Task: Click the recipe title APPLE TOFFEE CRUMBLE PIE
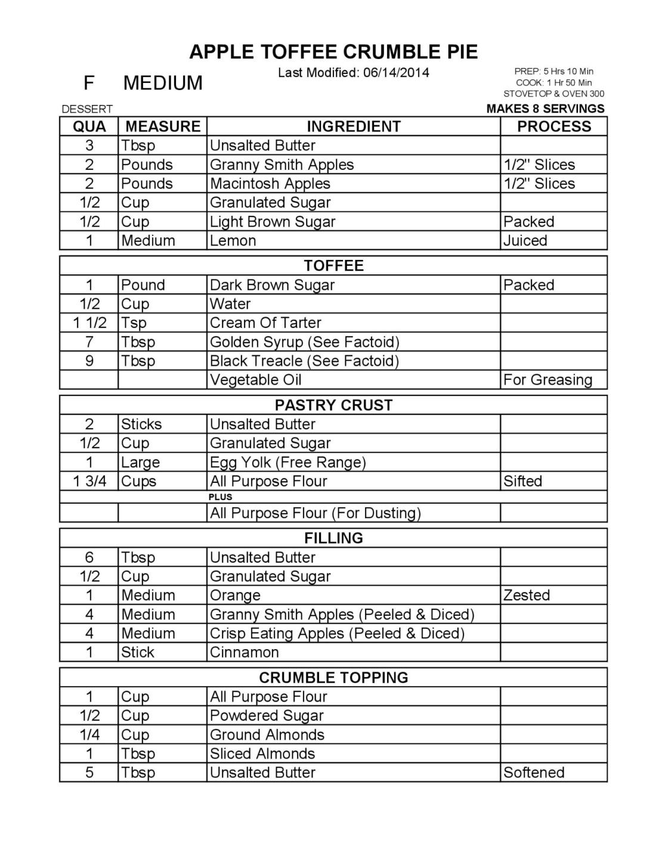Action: pyautogui.click(x=333, y=52)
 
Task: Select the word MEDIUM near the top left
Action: pyautogui.click(x=163, y=82)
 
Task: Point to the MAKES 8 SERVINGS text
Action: pyautogui.click(x=545, y=108)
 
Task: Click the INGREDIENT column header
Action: pyautogui.click(x=353, y=126)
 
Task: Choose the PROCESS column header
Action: pyautogui.click(x=553, y=126)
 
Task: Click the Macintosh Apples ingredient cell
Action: pyautogui.click(x=270, y=183)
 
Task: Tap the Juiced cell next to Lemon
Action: pyautogui.click(x=525, y=240)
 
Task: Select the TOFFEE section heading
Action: pyautogui.click(x=333, y=265)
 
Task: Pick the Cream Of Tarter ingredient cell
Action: pyautogui.click(x=265, y=323)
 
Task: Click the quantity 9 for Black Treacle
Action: pyautogui.click(x=89, y=361)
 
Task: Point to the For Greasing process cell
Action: pyautogui.click(x=548, y=380)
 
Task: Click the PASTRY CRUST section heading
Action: pyautogui.click(x=333, y=405)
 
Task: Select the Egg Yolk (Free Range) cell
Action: pyautogui.click(x=287, y=462)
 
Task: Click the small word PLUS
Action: pyautogui.click(x=221, y=497)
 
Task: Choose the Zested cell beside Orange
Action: pyautogui.click(x=526, y=595)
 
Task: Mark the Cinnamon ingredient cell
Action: pyautogui.click(x=244, y=652)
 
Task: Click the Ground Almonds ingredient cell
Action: pyautogui.click(x=267, y=734)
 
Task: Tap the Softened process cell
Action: pyautogui.click(x=533, y=772)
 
